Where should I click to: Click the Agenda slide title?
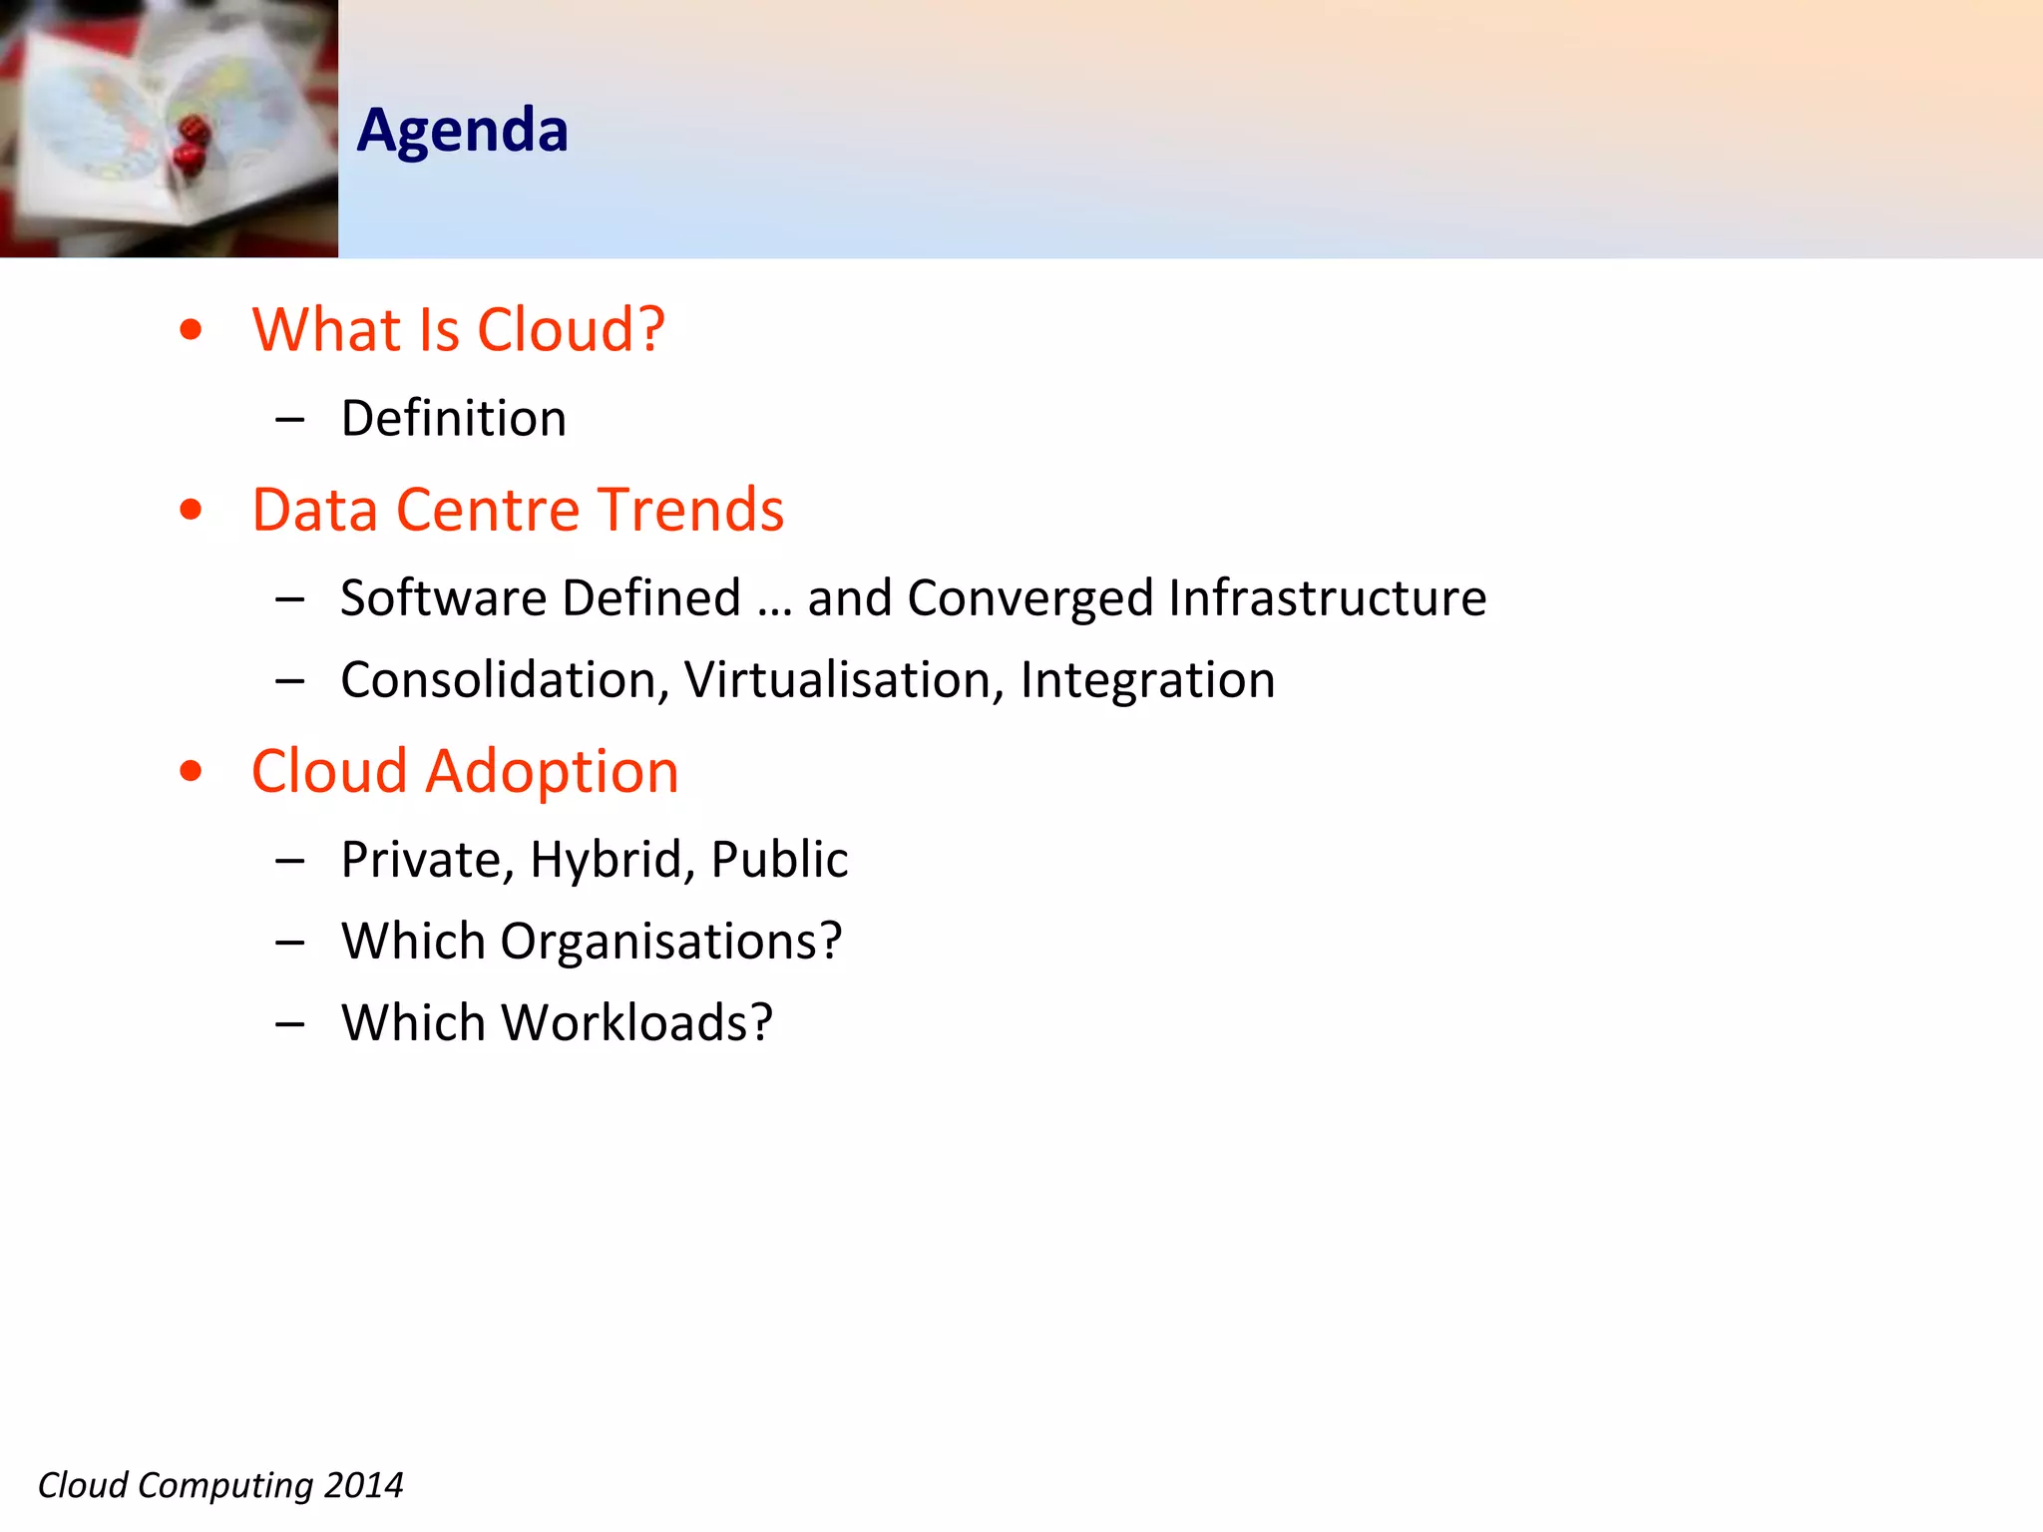462,131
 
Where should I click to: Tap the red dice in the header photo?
191,145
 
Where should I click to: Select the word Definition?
453,418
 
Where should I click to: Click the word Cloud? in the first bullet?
571,330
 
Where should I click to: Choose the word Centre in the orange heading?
487,510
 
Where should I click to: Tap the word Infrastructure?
1327,598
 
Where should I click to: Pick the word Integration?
1147,680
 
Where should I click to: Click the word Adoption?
552,771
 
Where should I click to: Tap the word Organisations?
670,942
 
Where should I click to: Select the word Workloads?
636,1023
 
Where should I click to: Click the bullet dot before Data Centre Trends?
191,511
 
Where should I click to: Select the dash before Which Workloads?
290,1024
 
